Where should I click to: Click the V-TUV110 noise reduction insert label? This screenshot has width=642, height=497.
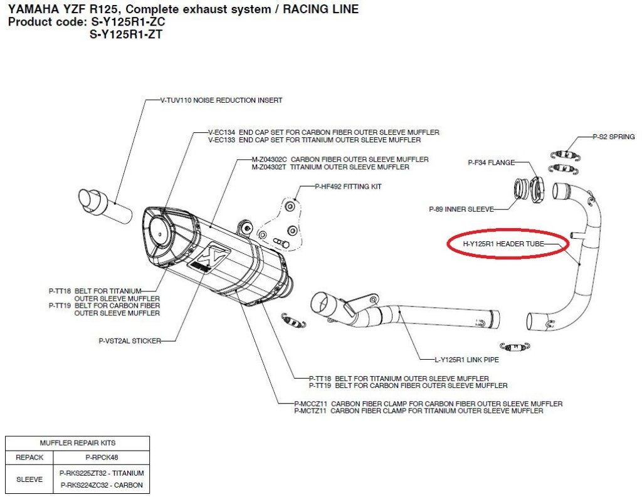click(221, 100)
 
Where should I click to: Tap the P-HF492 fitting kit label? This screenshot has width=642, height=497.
click(348, 187)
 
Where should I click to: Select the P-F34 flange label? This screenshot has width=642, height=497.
click(492, 162)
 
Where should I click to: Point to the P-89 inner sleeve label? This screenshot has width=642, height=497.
click(461, 209)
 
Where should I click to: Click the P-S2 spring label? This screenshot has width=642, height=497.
click(614, 137)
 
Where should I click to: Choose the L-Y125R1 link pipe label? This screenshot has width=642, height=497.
click(466, 360)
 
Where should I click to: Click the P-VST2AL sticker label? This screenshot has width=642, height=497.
click(130, 340)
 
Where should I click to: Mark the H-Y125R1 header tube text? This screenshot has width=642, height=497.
click(503, 244)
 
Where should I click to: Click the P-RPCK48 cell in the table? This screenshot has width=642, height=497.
click(102, 458)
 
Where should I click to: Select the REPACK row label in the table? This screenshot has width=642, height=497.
click(29, 458)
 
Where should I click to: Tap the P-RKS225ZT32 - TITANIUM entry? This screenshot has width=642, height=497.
click(102, 473)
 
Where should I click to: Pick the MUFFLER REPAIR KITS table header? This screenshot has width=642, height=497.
click(77, 443)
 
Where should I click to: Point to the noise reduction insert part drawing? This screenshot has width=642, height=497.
click(105, 207)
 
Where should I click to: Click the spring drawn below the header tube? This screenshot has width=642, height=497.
click(515, 347)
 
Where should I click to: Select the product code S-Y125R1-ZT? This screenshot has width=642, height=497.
click(125, 34)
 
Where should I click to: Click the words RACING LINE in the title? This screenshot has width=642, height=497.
click(320, 9)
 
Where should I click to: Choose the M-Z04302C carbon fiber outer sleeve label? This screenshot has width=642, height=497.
click(340, 159)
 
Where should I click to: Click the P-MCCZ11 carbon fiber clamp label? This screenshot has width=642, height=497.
click(428, 404)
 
